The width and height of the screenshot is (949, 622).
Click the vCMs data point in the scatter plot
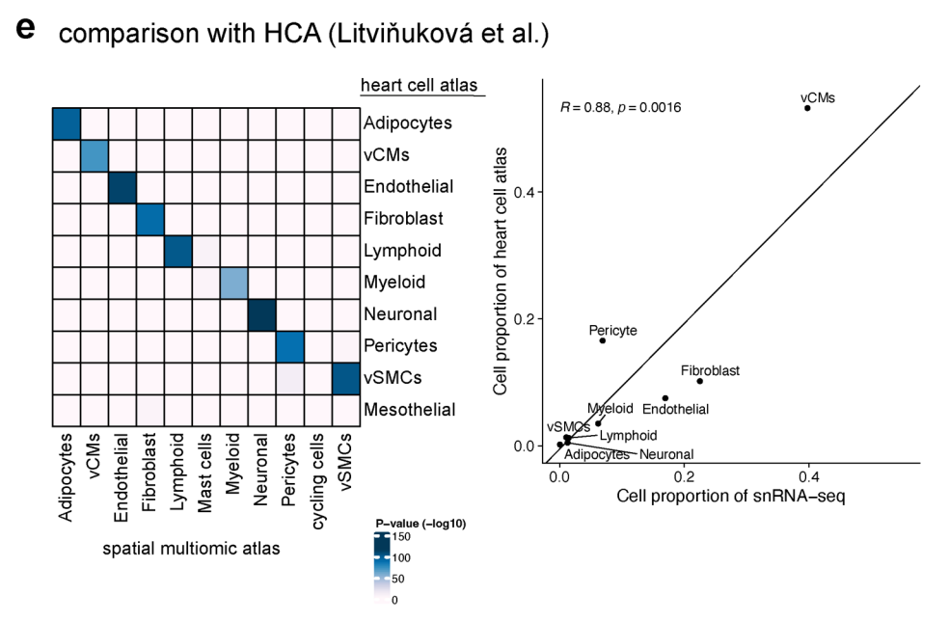pyautogui.click(x=807, y=108)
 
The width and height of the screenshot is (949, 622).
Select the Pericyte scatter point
pyautogui.click(x=603, y=340)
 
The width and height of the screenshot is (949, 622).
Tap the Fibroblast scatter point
pyautogui.click(x=699, y=381)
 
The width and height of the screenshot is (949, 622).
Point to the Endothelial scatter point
pyautogui.click(x=665, y=398)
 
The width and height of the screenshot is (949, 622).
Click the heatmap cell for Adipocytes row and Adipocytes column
pyautogui.click(x=66, y=124)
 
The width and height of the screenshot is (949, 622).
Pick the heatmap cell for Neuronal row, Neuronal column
pyautogui.click(x=262, y=314)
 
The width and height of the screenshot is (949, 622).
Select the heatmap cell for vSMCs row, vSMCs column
pyautogui.click(x=346, y=378)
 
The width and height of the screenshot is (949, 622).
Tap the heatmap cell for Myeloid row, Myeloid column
pyautogui.click(x=234, y=283)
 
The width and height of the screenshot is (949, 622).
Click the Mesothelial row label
pyautogui.click(x=409, y=410)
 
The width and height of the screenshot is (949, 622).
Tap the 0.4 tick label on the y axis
pyautogui.click(x=525, y=192)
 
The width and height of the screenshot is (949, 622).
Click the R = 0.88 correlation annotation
pyautogui.click(x=620, y=107)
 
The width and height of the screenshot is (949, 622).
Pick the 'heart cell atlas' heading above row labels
pyautogui.click(x=419, y=86)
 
